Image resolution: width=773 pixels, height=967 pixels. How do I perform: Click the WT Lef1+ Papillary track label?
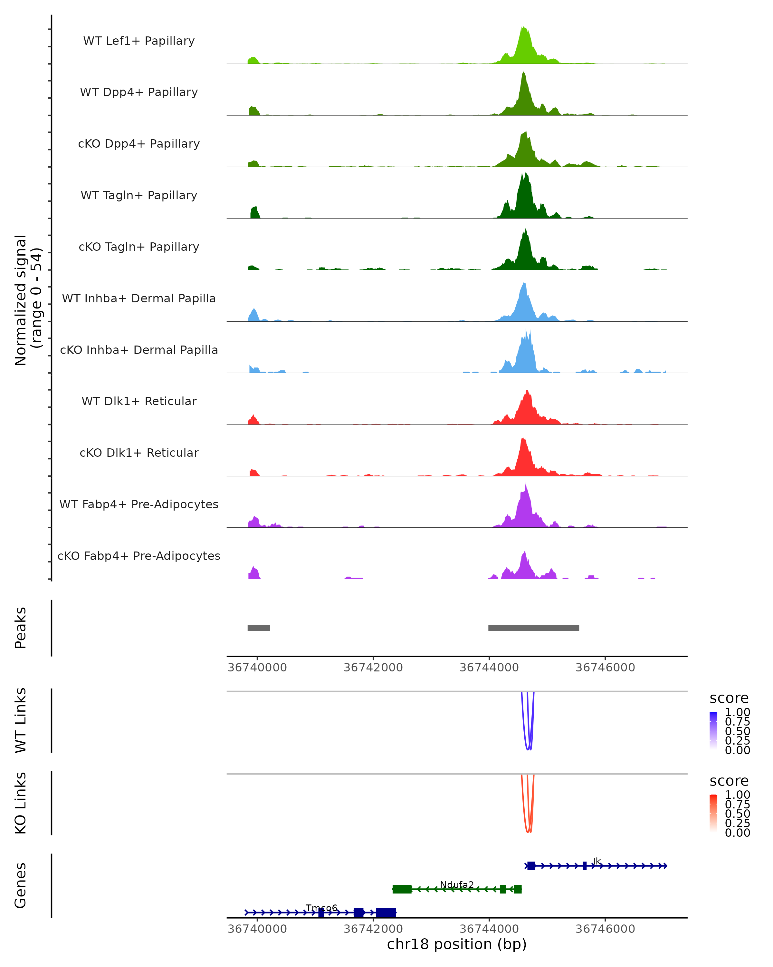tap(139, 41)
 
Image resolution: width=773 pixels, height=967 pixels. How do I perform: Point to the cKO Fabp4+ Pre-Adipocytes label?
tap(139, 556)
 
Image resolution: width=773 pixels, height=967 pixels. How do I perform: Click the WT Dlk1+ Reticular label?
tap(139, 401)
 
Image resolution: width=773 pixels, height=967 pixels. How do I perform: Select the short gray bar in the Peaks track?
tap(259, 628)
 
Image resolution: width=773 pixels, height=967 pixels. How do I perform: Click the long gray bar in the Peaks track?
tap(533, 628)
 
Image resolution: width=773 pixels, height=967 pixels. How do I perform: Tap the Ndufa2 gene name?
tap(457, 884)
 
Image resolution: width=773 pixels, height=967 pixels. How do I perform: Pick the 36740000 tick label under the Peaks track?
tap(257, 668)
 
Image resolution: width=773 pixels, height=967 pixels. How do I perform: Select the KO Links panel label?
tap(21, 803)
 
